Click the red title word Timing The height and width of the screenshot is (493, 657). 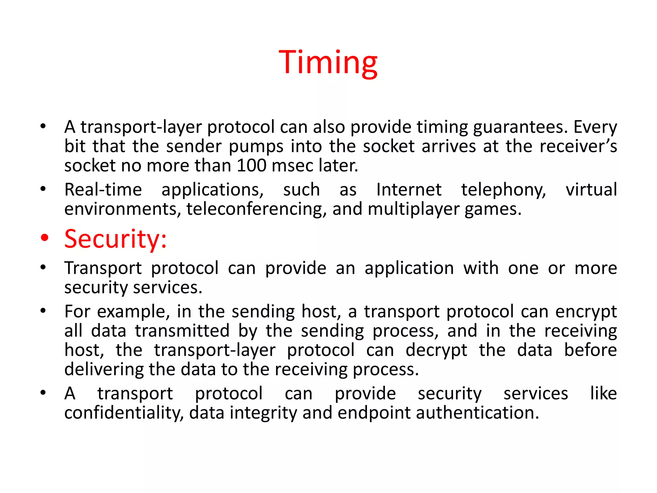(328, 63)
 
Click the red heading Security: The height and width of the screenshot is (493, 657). (115, 239)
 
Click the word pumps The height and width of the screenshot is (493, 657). (256, 147)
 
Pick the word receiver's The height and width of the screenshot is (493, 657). (578, 147)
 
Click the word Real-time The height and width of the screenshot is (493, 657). (103, 190)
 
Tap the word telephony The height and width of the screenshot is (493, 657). (504, 190)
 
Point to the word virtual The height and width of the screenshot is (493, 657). (591, 190)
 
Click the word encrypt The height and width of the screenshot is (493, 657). (586, 312)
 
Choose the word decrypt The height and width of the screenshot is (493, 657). (436, 350)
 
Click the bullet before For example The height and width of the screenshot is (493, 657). (43, 311)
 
